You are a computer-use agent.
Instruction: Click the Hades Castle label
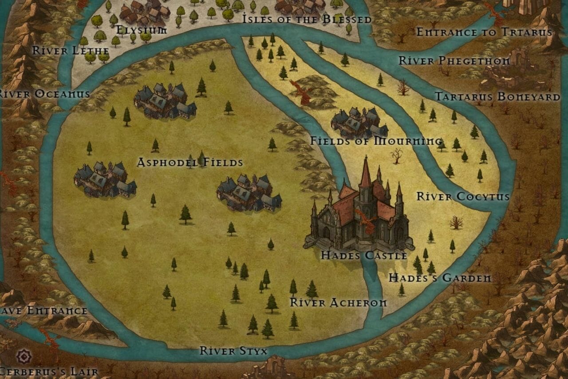(x=364, y=255)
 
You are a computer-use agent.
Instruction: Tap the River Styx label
(x=233, y=351)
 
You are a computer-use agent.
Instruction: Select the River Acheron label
(x=338, y=303)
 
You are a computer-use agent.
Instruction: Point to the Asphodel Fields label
(x=190, y=163)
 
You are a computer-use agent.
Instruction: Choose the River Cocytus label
(x=463, y=196)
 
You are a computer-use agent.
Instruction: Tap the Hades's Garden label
(x=440, y=278)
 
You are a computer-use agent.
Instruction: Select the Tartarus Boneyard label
(x=497, y=96)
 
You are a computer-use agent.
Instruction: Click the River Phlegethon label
(x=454, y=60)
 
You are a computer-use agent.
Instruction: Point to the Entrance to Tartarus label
(x=484, y=32)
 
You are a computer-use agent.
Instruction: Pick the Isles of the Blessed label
(x=307, y=19)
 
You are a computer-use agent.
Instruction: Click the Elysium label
(x=142, y=30)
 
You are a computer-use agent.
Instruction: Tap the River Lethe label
(x=71, y=50)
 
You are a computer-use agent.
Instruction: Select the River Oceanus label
(x=44, y=94)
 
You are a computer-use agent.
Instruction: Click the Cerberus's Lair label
(x=49, y=371)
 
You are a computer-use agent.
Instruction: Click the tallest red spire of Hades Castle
(x=366, y=173)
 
